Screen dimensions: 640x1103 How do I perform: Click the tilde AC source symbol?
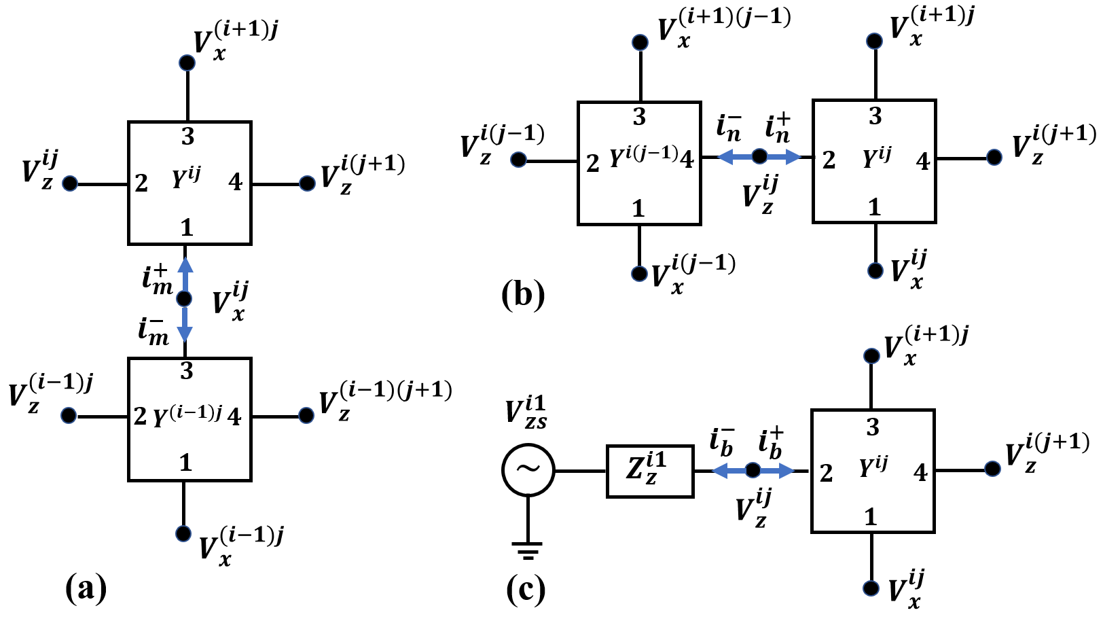point(528,469)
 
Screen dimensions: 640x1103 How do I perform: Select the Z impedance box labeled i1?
point(649,471)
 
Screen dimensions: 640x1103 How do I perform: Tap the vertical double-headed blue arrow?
point(185,299)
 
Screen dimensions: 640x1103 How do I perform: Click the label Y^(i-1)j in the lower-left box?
point(187,415)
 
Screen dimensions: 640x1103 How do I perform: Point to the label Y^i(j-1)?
point(643,157)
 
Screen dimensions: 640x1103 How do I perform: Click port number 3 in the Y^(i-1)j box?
point(187,371)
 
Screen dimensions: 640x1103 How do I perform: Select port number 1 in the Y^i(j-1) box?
point(638,208)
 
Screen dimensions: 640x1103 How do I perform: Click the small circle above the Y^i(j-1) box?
point(640,43)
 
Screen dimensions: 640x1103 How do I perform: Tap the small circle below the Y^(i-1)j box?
point(183,534)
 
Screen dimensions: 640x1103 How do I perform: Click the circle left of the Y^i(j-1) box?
point(518,160)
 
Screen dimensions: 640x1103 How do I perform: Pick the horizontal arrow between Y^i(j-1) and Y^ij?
point(759,157)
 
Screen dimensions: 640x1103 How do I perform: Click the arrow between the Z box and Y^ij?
point(753,470)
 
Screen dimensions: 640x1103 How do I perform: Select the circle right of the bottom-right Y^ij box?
point(992,469)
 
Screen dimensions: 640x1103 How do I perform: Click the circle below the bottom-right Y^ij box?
point(871,588)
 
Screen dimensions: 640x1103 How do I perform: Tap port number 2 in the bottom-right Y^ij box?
point(826,473)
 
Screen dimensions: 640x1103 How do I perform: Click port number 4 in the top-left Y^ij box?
point(235,182)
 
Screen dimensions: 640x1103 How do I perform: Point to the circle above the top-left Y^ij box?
point(187,63)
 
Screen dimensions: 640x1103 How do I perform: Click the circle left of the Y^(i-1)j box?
point(69,416)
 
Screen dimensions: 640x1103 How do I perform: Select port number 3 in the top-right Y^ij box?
point(875,116)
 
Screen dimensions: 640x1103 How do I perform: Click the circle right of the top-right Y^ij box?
point(994,158)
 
